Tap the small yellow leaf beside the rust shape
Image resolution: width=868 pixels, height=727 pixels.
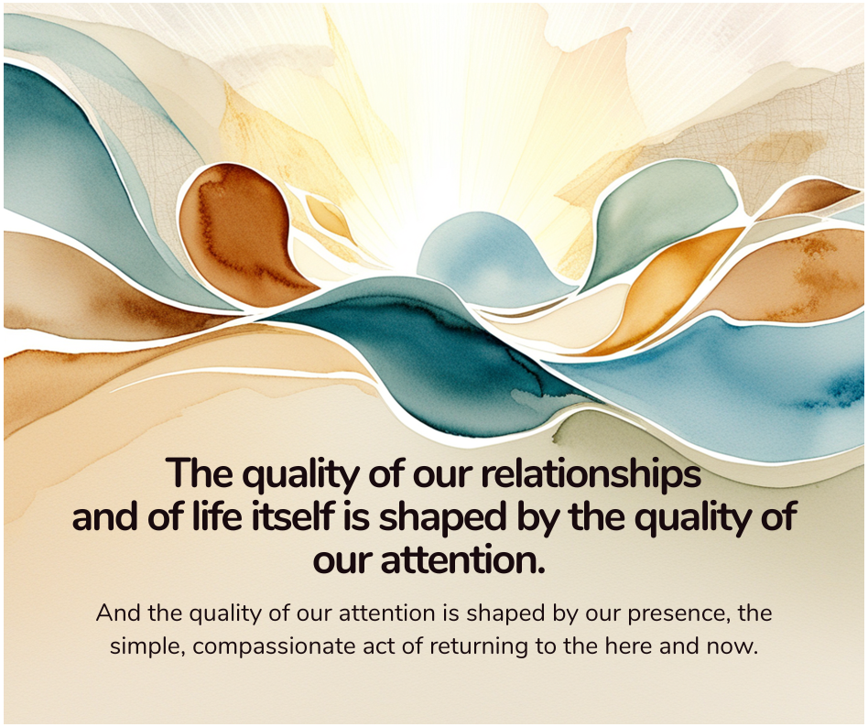[x=328, y=217]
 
